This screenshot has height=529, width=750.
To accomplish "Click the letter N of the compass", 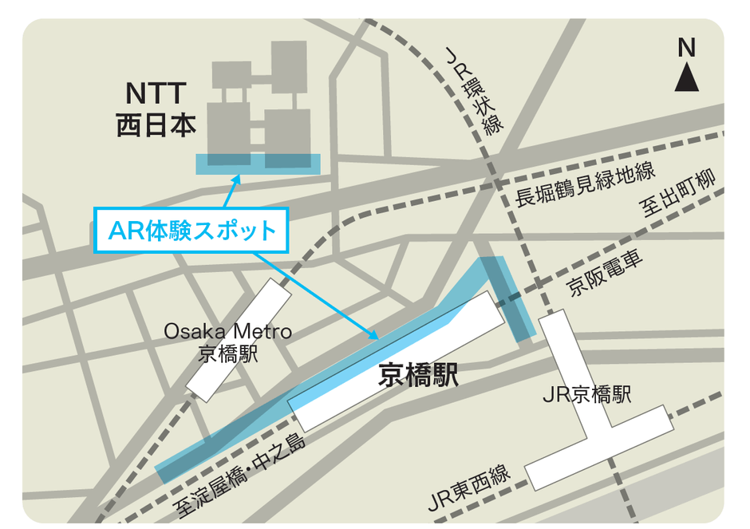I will (687, 49).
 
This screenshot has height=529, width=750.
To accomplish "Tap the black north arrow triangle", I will (687, 78).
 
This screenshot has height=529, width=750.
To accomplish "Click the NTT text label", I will (156, 93).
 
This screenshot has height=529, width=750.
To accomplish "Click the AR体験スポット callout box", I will (191, 231).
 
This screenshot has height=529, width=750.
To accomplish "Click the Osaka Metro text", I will (228, 331).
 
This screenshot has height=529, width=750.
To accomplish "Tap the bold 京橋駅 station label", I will (419, 375).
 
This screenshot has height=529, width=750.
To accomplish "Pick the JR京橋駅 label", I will (586, 394).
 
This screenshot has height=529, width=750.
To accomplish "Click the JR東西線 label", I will (469, 488).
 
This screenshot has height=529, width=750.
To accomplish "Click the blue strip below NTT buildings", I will (259, 164).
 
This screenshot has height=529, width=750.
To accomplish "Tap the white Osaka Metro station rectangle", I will (239, 339).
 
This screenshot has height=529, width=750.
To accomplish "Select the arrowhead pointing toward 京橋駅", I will (372, 336).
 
